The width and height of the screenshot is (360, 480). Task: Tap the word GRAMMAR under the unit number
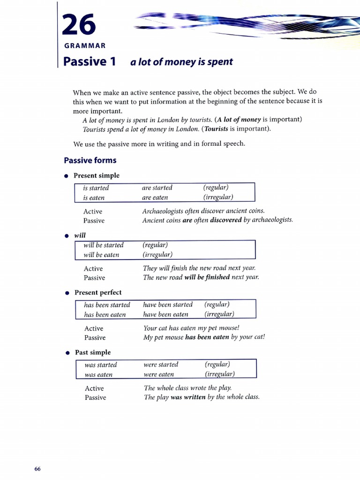click(84, 45)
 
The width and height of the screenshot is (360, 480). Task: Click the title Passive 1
click(89, 61)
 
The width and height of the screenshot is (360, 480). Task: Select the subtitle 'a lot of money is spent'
click(181, 62)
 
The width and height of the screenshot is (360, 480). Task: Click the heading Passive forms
click(90, 160)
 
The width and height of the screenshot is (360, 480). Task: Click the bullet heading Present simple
click(97, 175)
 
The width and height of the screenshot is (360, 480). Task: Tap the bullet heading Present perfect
click(98, 292)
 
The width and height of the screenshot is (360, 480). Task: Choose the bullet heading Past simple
click(93, 352)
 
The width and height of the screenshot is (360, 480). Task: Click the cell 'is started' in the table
click(96, 188)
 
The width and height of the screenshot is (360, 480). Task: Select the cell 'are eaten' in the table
click(155, 197)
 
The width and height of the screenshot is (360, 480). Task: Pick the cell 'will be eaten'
click(101, 255)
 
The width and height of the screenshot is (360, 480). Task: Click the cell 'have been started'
click(168, 305)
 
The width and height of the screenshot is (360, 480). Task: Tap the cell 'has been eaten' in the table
click(105, 315)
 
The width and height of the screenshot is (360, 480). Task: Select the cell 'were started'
click(161, 364)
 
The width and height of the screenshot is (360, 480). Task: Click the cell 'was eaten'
click(98, 375)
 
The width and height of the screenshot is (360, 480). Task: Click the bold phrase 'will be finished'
click(207, 277)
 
